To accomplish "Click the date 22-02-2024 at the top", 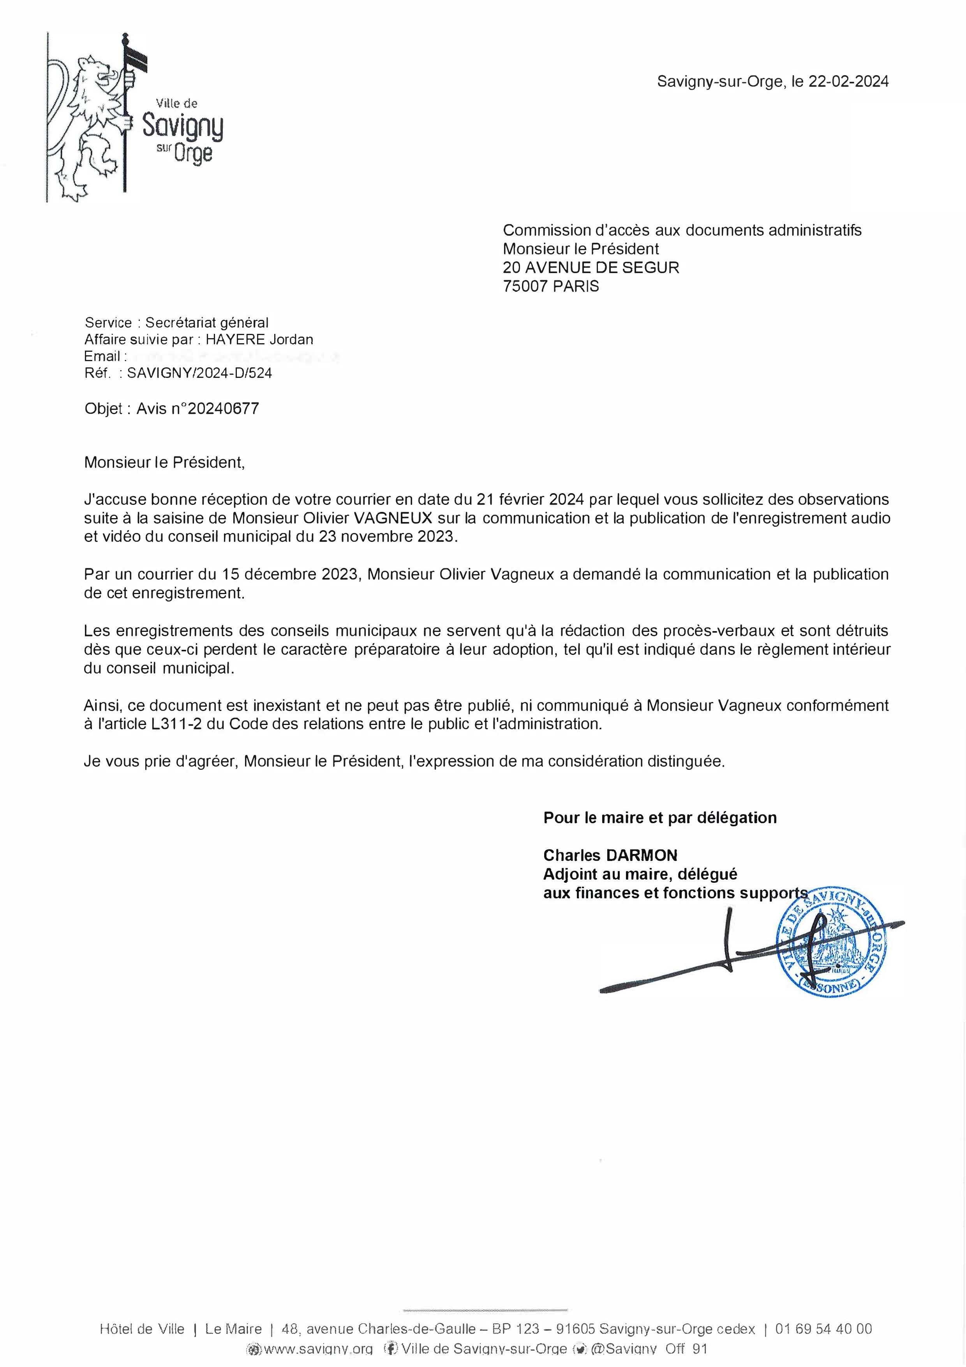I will click(848, 81).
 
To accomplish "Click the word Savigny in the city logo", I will click(183, 127).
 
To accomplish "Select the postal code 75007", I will click(525, 286).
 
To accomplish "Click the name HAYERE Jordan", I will click(259, 339).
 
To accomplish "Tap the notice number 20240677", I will click(223, 408).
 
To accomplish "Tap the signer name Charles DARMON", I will click(610, 855).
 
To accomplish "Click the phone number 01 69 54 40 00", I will click(824, 1329).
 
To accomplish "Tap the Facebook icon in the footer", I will click(391, 1349).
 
